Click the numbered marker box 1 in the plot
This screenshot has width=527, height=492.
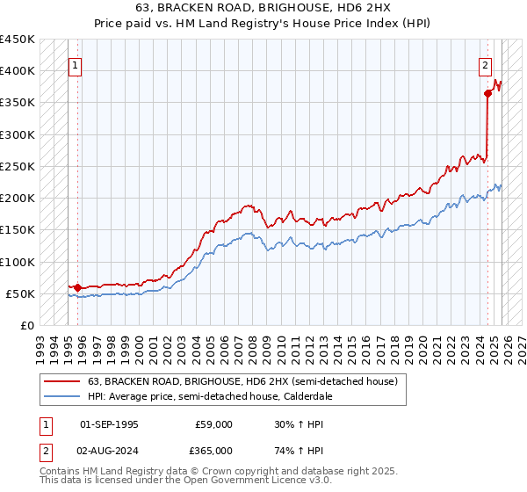point(76,64)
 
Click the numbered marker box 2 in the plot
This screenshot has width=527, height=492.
point(485,64)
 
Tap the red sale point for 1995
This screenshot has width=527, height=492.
point(78,287)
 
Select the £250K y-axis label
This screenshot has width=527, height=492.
point(18,166)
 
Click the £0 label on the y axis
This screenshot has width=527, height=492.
point(26,325)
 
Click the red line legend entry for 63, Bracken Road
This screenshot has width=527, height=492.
point(242,381)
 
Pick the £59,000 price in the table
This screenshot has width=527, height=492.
point(213,424)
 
